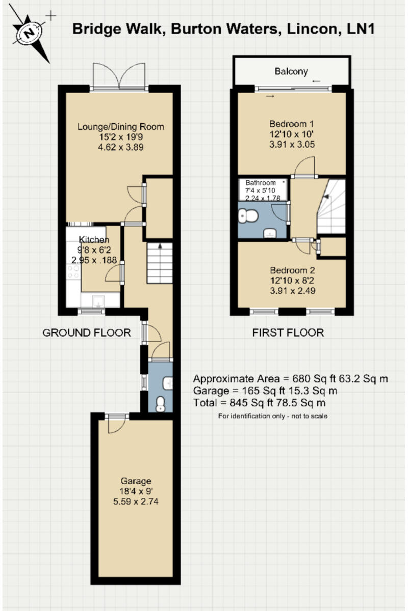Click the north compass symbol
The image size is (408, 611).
click(31, 33)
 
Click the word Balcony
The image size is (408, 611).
click(291, 71)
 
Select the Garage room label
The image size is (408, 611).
click(136, 481)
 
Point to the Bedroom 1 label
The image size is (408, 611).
click(291, 124)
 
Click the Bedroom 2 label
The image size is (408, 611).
click(291, 270)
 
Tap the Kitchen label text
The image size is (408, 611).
click(93, 240)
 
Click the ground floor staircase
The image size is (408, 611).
click(161, 263)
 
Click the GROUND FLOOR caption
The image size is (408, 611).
click(86, 333)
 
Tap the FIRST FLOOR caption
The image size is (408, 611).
click(288, 333)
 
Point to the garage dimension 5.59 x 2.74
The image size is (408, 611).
click(136, 502)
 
